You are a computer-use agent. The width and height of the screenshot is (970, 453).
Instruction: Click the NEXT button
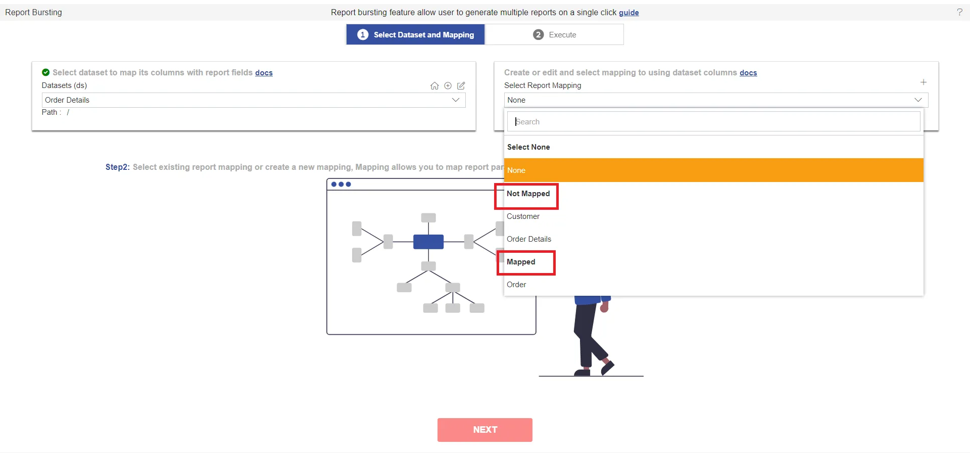(485, 430)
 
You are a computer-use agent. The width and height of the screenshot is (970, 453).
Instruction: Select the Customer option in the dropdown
(523, 216)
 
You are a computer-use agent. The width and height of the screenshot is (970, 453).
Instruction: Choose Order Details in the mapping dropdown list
(529, 239)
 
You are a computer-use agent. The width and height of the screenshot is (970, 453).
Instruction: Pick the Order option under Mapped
(516, 285)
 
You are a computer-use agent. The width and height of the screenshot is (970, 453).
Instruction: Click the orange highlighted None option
(713, 170)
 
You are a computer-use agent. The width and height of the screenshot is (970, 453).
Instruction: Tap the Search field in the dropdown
(713, 122)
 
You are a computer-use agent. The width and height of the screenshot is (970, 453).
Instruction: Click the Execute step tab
(554, 35)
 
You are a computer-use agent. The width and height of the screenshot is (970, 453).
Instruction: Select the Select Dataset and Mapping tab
(415, 35)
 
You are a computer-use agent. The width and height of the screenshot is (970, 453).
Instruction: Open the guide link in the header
(629, 13)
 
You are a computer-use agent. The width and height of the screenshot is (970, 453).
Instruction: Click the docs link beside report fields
(264, 73)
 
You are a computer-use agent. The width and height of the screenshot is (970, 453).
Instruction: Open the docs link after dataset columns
(748, 73)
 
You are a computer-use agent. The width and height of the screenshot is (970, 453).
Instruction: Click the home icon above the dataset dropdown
(434, 86)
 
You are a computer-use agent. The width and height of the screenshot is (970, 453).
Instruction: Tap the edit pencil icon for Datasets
(461, 86)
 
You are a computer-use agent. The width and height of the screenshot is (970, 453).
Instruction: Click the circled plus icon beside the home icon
(448, 86)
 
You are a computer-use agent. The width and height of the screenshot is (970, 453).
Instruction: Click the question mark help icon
(959, 12)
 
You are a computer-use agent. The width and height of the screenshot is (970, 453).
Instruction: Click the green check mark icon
(46, 72)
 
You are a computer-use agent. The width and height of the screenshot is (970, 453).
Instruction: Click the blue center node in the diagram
(428, 242)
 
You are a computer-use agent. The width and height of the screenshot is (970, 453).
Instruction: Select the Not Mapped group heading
(528, 194)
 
